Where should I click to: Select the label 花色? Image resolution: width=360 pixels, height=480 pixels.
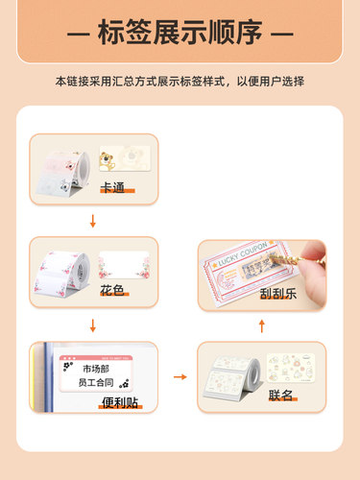[112, 289]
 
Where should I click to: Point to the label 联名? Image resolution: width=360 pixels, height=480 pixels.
[281, 395]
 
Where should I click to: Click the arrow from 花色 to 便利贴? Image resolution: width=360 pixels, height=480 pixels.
[92, 324]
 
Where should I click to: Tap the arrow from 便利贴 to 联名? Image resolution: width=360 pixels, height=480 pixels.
[178, 377]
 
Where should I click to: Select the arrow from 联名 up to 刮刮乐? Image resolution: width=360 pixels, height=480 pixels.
[264, 326]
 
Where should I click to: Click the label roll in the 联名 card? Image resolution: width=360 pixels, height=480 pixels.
[232, 376]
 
